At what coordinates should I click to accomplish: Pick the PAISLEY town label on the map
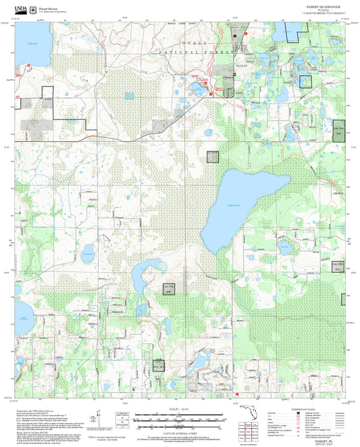click(240, 66)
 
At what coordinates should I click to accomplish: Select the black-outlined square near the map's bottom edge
click(159, 365)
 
